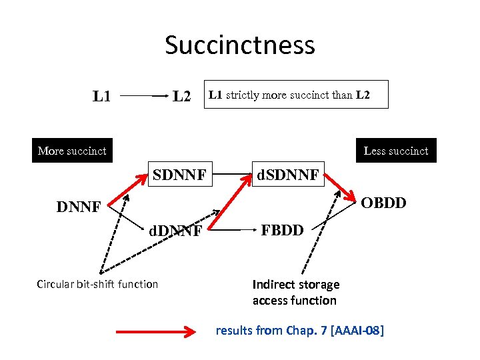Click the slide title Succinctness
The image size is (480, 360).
[x=240, y=45]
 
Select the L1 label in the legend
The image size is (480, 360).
[x=101, y=97]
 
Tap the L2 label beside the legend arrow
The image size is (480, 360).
[x=181, y=97]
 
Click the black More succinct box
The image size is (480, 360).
[x=72, y=151]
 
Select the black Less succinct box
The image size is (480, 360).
[x=396, y=151]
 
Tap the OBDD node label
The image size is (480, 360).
[x=383, y=202]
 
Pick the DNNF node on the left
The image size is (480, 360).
[x=78, y=207]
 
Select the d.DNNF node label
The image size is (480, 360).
[x=175, y=231]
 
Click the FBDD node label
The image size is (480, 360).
[x=282, y=231]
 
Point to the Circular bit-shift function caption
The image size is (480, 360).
[x=97, y=284]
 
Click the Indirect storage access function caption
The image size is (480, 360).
[x=295, y=292]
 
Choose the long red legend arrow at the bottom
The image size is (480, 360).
[x=157, y=329]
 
